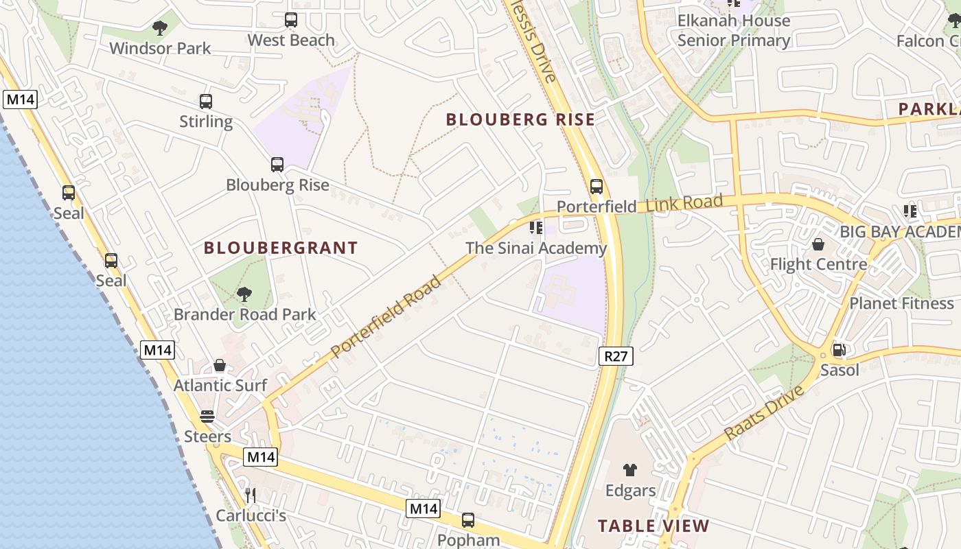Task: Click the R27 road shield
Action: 616,356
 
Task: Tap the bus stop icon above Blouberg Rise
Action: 277,165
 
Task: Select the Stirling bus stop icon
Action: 206,102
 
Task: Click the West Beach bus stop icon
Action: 291,20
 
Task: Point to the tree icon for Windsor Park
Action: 160,28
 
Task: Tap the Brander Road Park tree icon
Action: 244,294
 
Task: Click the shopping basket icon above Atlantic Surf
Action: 220,365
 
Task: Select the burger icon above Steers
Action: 207,417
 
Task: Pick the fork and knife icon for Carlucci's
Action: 251,495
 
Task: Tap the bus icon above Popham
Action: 468,520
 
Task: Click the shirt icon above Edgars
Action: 629,470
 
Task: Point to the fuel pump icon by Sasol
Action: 839,350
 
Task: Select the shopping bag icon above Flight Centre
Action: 818,244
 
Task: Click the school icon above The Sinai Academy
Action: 536,228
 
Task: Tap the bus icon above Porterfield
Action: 597,186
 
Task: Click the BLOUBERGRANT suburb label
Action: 281,248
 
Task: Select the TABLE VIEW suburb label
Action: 653,526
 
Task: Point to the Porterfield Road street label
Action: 387,316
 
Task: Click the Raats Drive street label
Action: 764,413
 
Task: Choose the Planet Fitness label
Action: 902,303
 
